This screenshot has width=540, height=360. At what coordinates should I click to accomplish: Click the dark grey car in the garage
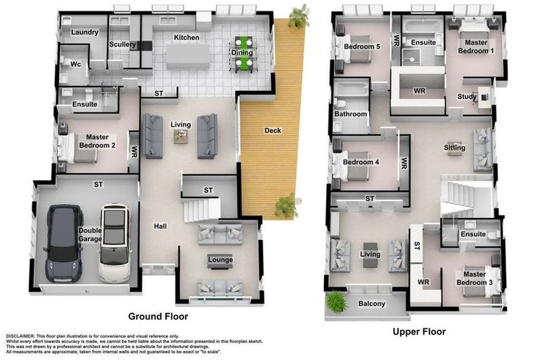(x=63, y=243)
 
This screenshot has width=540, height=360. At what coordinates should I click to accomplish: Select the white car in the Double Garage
(x=115, y=243)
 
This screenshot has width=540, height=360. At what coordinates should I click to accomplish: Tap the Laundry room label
(x=84, y=32)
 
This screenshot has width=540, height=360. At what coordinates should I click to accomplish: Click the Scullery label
(x=122, y=45)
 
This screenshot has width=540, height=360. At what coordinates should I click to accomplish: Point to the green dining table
(x=243, y=54)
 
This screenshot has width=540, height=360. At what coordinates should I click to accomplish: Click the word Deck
(x=273, y=130)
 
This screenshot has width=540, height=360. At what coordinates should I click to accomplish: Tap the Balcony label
(x=371, y=304)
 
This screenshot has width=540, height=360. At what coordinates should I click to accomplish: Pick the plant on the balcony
(x=337, y=302)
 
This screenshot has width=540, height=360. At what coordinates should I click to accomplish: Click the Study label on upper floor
(x=466, y=98)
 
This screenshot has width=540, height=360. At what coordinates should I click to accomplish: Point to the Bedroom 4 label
(x=361, y=162)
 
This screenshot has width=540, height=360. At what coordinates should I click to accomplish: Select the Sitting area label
(x=454, y=148)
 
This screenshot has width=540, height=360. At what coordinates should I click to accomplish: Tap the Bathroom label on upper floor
(x=350, y=114)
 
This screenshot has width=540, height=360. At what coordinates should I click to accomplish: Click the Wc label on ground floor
(x=75, y=64)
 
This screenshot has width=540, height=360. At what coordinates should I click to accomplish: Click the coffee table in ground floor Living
(x=180, y=136)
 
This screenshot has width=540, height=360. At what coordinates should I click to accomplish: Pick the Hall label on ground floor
(x=161, y=226)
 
